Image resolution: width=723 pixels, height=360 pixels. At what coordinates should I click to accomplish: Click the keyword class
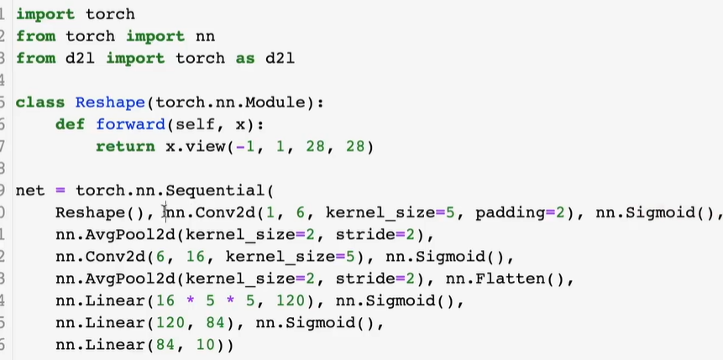40,102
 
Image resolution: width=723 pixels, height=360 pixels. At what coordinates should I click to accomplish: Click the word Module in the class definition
280,102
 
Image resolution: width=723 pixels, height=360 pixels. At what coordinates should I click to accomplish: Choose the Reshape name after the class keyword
105,102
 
